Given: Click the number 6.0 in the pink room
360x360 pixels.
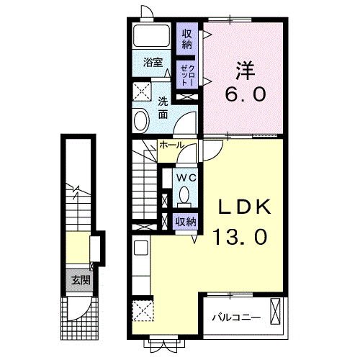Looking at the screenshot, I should [x=245, y=94].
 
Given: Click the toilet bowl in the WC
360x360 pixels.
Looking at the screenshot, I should [x=186, y=194].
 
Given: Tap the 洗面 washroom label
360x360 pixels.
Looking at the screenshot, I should [x=163, y=108].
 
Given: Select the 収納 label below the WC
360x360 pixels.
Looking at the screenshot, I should [x=186, y=222].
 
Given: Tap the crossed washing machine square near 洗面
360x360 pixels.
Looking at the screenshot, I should [x=141, y=91].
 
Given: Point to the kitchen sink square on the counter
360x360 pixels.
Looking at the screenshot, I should [x=141, y=249].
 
